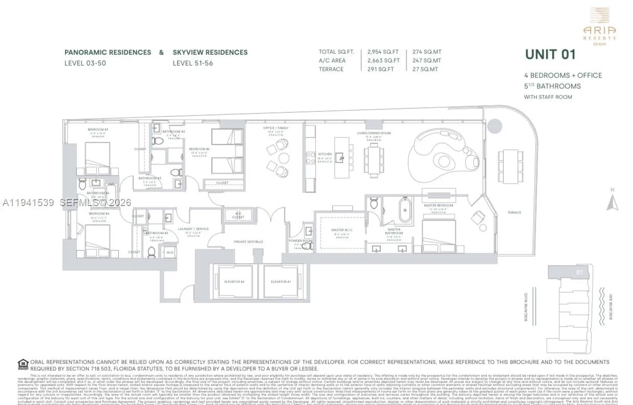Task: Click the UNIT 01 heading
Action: coord(550,54)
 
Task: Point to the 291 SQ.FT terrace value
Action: coord(381,69)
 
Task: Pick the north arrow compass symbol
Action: coord(612,201)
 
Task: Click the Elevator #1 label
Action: coord(281,282)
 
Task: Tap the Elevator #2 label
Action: coord(234,282)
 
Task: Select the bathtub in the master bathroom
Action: coord(405,210)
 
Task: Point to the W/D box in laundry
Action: coord(170,252)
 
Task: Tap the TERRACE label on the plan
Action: coord(514,212)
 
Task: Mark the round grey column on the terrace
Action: coord(495,126)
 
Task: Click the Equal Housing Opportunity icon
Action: coord(23,364)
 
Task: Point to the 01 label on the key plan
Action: coord(579,272)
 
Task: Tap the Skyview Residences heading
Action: coord(210,52)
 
